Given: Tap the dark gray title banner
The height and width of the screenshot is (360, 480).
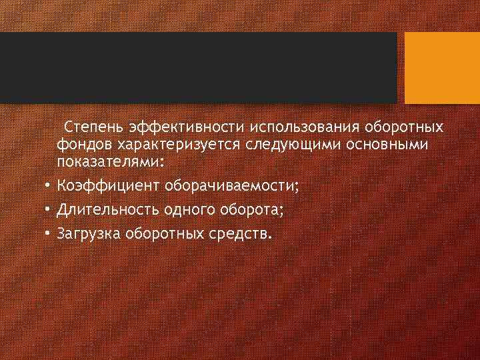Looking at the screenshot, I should (x=199, y=68).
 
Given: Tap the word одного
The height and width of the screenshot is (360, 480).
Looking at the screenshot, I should (x=186, y=211).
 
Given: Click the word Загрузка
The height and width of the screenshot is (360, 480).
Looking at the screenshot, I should (x=87, y=235).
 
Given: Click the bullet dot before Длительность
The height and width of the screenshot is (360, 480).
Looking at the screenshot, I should (x=49, y=211).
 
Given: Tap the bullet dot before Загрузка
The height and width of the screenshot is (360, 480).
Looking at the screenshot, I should (x=49, y=235).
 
